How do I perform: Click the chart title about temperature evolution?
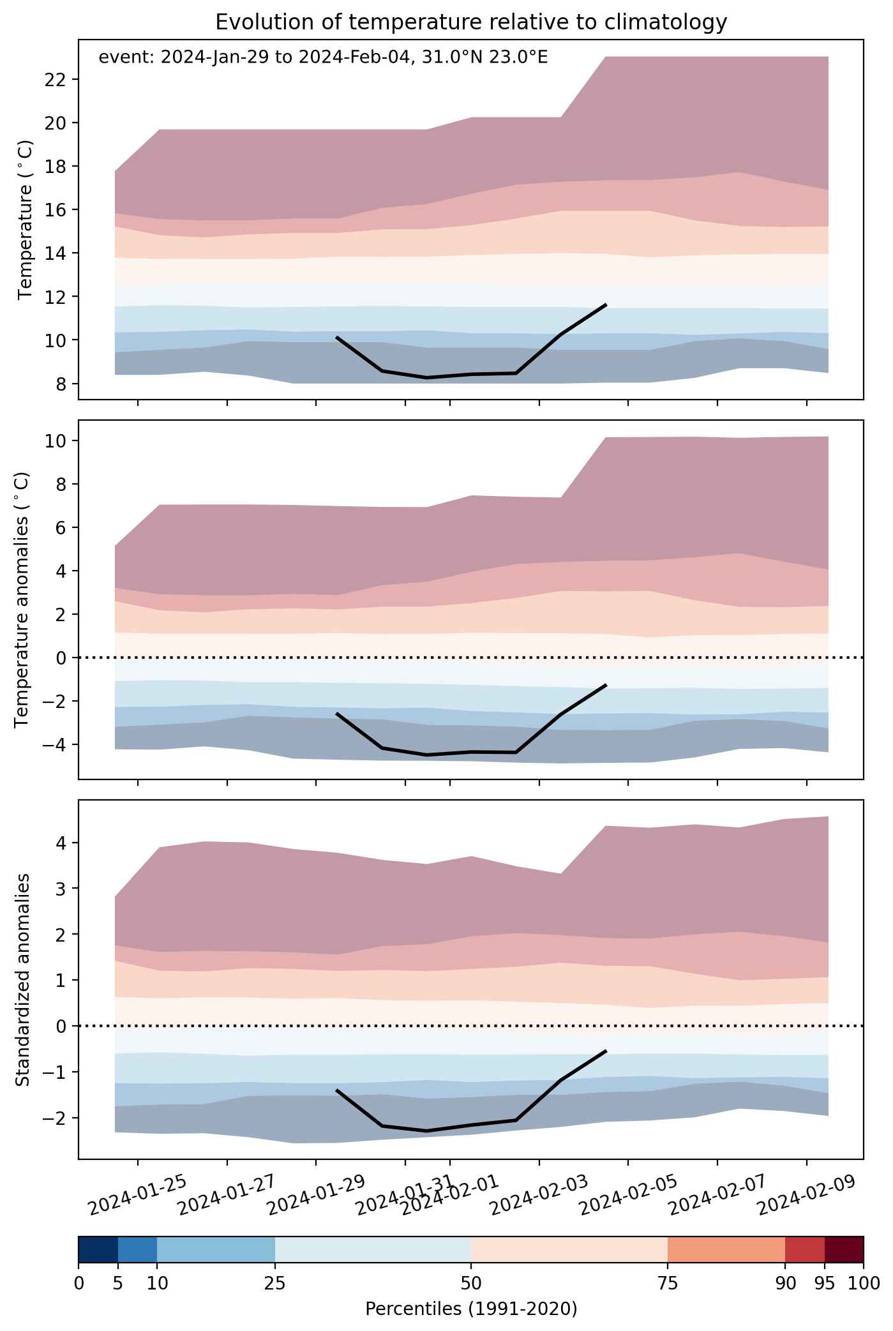[x=471, y=22]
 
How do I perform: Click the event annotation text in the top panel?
[x=323, y=57]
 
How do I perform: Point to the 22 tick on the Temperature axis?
[x=59, y=79]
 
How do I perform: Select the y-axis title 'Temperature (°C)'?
[x=25, y=220]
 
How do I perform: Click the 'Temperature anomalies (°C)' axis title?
[x=22, y=599]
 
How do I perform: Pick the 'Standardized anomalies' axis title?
[x=22, y=979]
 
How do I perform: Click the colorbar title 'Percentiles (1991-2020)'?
[x=471, y=1309]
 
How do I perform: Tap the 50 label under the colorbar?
[x=471, y=1282]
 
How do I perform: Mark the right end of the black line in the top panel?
[x=605, y=305]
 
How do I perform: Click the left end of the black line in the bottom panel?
[x=337, y=1090]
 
